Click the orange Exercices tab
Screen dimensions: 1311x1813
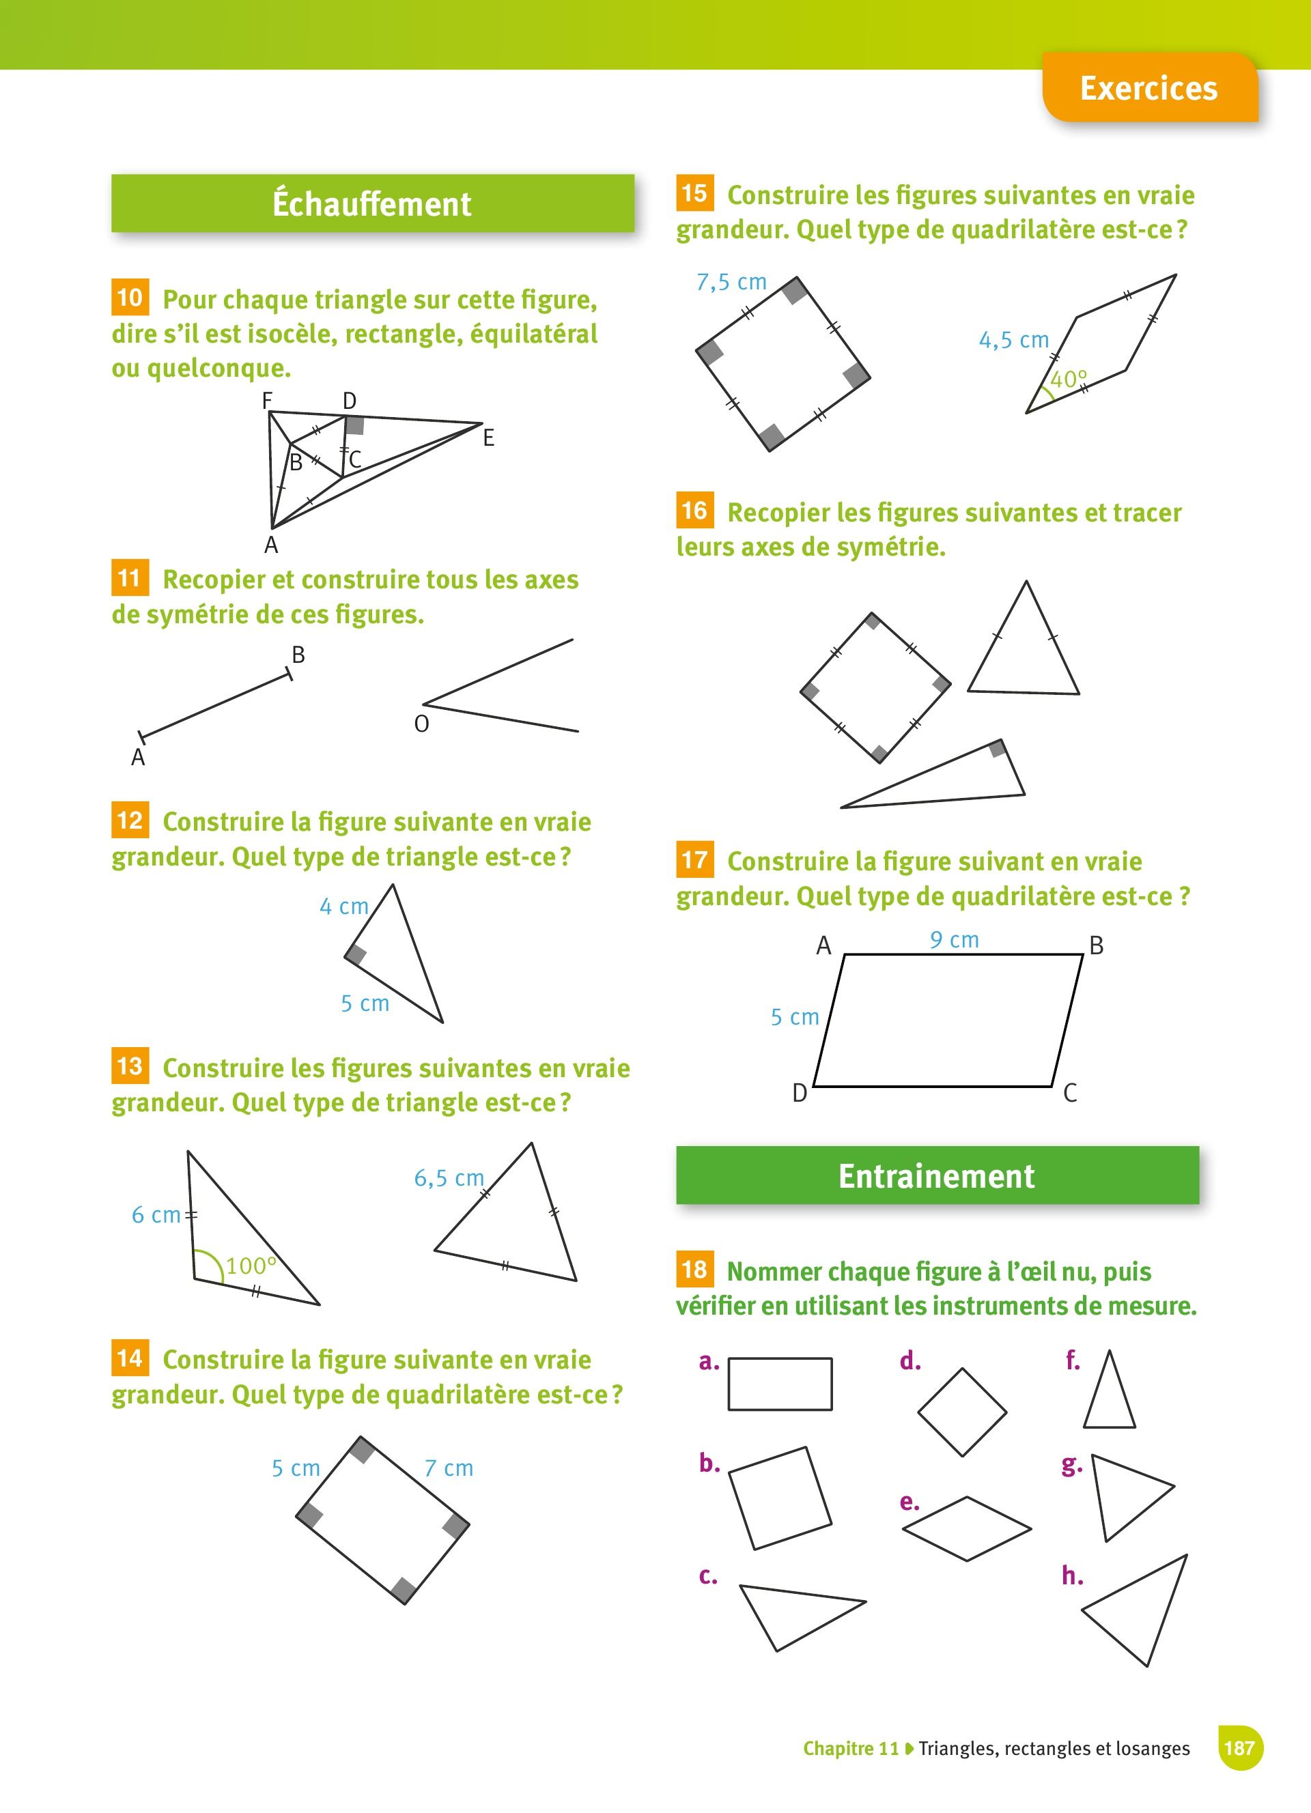[1150, 88]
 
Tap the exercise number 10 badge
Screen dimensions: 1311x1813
[130, 298]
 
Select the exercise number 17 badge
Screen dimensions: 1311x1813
[694, 859]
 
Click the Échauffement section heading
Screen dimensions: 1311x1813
[373, 203]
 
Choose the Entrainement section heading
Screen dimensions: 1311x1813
[938, 1175]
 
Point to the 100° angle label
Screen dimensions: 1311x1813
[251, 1266]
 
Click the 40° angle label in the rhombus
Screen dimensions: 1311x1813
[1069, 379]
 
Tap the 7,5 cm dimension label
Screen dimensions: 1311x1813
[731, 282]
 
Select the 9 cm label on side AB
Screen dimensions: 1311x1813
[955, 940]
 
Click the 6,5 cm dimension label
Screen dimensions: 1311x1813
[449, 1178]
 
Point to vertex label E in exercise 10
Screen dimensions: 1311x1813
[488, 438]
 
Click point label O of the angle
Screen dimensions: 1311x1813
[421, 724]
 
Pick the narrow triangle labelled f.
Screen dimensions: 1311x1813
[1110, 1389]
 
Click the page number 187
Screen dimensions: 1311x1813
[1239, 1748]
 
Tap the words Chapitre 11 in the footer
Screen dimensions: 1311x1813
[851, 1749]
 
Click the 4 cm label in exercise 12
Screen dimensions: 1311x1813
[343, 906]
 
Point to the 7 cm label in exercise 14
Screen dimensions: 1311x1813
[449, 1468]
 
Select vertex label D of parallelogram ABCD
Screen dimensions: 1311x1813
[800, 1093]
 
